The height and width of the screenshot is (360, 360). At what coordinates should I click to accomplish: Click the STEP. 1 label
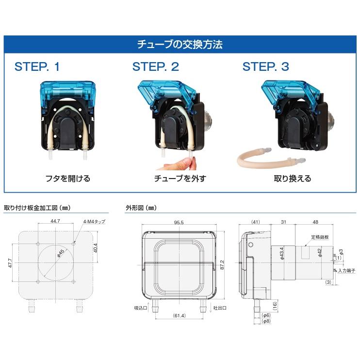(x=37, y=67)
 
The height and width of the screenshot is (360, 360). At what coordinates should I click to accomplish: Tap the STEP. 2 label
(x=156, y=67)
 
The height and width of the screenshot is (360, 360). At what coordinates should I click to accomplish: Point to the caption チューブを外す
(x=180, y=179)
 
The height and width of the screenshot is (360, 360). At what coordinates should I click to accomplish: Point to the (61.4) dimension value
(x=178, y=316)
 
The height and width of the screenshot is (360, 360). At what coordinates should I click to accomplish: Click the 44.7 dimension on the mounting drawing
(x=56, y=221)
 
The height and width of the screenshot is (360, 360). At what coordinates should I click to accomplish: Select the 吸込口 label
(x=140, y=308)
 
